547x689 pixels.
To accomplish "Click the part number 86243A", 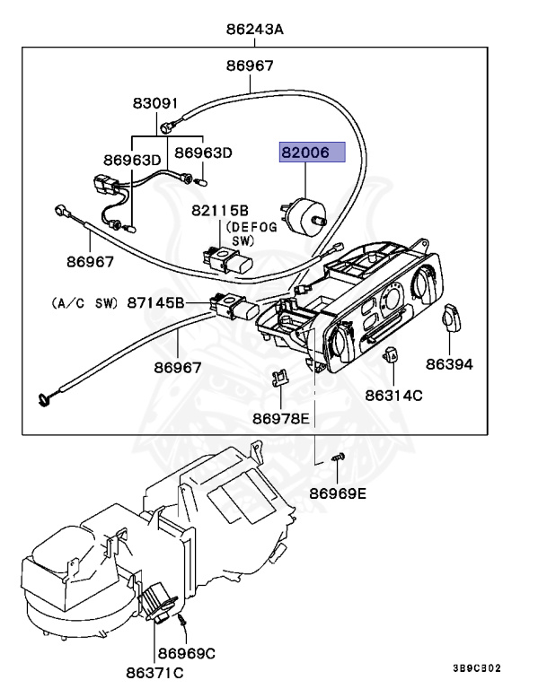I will point(254,30).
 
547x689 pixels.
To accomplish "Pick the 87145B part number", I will point(156,303).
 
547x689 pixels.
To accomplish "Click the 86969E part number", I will point(339,493).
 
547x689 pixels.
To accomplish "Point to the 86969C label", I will point(187,652).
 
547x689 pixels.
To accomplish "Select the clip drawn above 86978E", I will point(278,377).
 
